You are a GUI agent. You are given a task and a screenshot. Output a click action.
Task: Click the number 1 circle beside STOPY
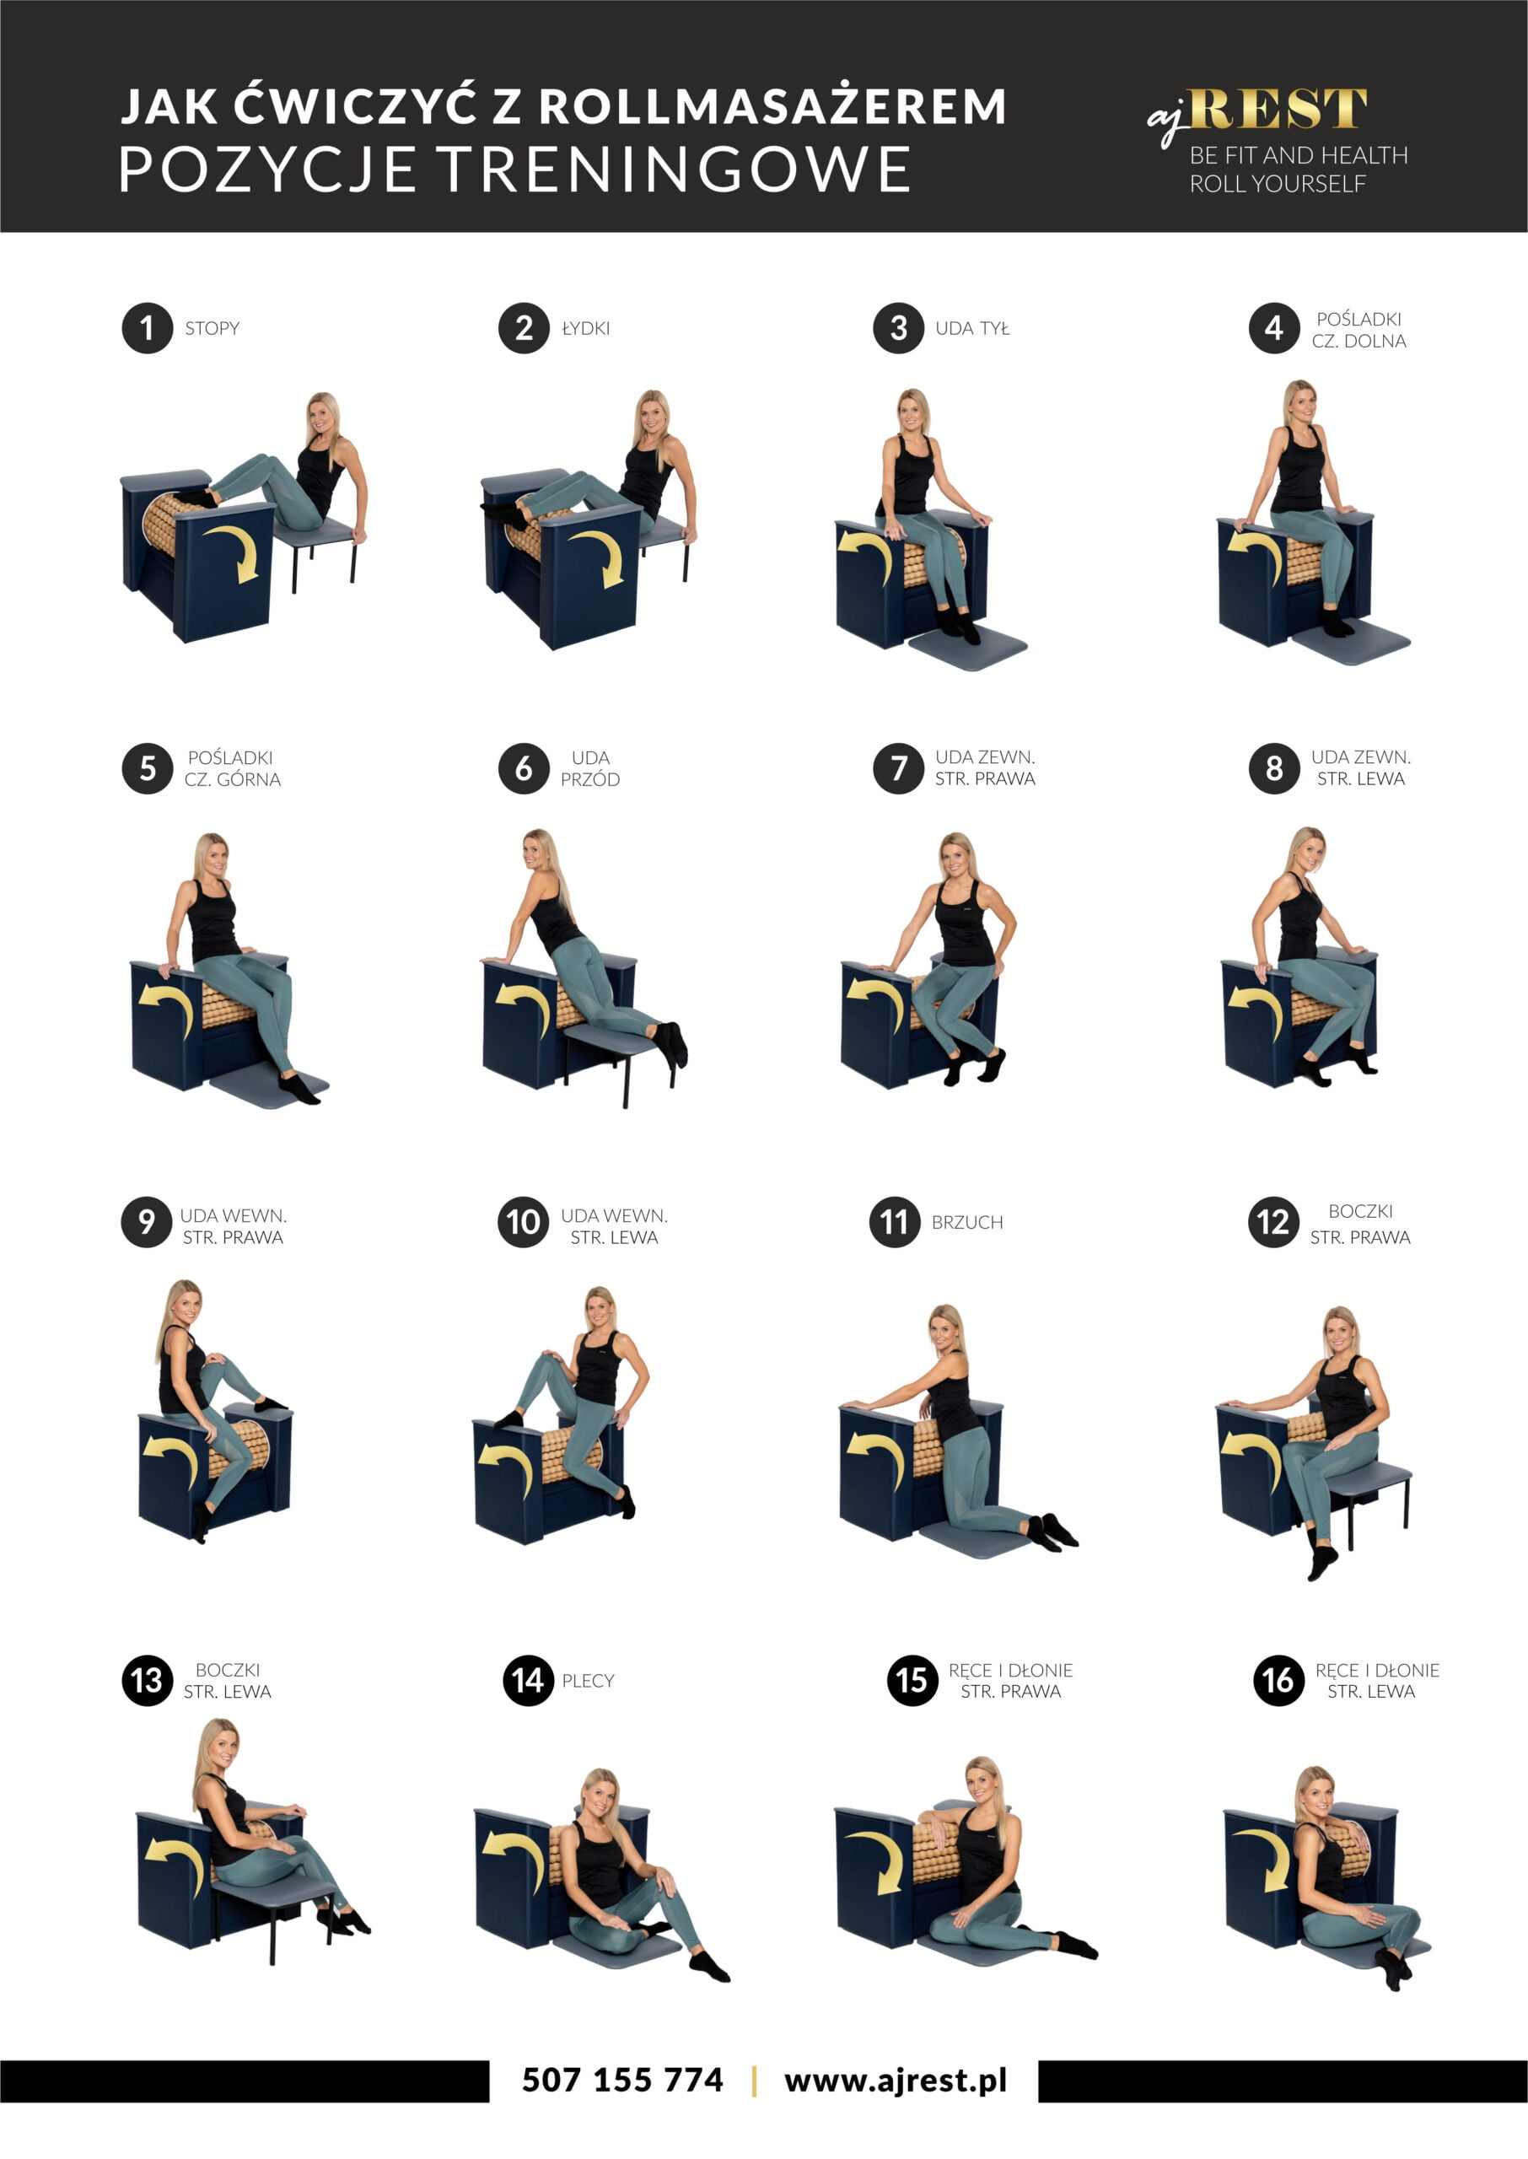tap(147, 328)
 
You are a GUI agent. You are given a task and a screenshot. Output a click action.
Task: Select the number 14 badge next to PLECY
tap(528, 1680)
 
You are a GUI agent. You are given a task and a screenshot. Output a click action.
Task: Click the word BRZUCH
tap(967, 1222)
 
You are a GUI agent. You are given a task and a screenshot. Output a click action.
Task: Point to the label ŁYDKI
tap(585, 328)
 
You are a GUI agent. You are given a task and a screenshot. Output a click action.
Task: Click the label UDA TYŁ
tap(972, 328)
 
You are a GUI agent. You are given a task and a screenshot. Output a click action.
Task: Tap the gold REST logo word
tap(1277, 108)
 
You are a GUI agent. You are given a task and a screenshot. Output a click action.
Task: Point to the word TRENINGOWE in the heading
tap(675, 170)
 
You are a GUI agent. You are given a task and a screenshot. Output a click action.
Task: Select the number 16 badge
tap(1278, 1680)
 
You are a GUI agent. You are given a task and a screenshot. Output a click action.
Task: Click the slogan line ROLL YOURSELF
tap(1277, 184)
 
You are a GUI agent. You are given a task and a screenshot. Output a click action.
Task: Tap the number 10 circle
tap(523, 1222)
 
